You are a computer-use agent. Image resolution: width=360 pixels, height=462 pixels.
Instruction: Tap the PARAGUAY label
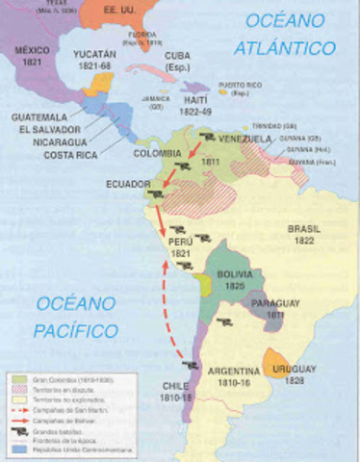tap(276, 306)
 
